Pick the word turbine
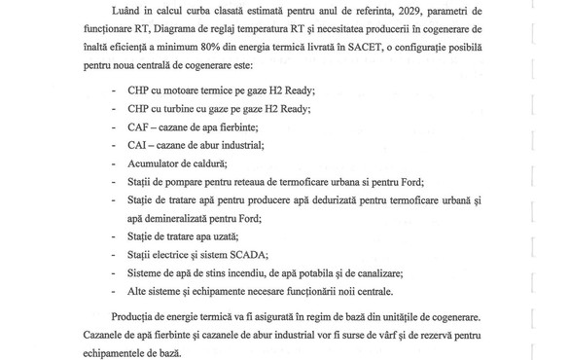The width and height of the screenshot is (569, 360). [x=188, y=109]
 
